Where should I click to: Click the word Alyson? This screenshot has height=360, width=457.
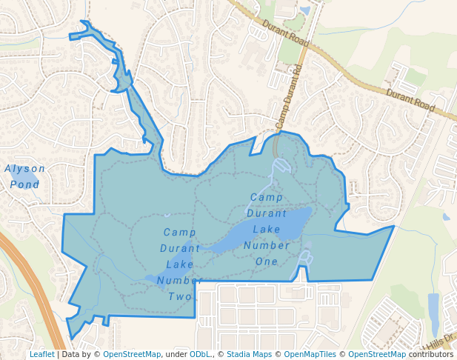click(24, 168)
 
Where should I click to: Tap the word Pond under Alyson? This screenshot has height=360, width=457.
click(24, 184)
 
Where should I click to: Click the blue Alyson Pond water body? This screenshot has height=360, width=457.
click(36, 176)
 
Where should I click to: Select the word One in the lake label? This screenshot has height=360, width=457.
click(267, 261)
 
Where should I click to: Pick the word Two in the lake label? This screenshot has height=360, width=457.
click(180, 296)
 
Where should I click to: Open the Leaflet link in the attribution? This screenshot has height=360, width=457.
click(41, 355)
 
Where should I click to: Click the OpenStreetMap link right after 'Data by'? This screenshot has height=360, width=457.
click(132, 355)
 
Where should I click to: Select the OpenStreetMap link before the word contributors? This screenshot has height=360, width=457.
click(377, 355)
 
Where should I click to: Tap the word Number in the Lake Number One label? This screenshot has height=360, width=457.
click(267, 246)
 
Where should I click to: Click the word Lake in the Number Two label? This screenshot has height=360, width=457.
click(180, 264)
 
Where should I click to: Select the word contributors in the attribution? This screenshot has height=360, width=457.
click(430, 355)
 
